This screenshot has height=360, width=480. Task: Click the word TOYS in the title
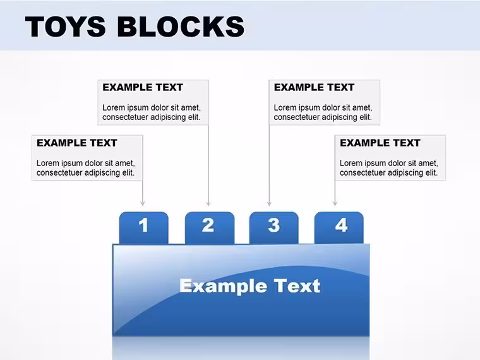[x=66, y=27]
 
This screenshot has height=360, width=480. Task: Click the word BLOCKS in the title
[x=181, y=27]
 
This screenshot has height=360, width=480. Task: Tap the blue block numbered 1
[x=143, y=227]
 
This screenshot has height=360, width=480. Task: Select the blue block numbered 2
[x=210, y=227]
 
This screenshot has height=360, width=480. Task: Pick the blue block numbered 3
[x=274, y=227]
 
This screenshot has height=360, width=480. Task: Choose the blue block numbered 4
[x=339, y=227]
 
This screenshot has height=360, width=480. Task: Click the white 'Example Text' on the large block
[x=250, y=286]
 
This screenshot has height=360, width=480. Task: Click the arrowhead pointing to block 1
[x=142, y=203]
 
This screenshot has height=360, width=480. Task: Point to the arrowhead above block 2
[x=208, y=203]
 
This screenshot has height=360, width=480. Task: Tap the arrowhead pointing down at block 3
[x=270, y=203]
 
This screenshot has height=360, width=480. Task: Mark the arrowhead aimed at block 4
[x=335, y=203]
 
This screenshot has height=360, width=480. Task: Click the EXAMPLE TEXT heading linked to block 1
[x=77, y=143]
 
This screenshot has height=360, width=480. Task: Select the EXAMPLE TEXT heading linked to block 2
[x=143, y=87]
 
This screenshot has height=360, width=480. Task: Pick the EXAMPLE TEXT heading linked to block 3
[x=314, y=87]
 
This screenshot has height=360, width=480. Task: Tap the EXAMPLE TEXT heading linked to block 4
[x=380, y=143]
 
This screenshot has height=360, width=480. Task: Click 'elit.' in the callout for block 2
[x=195, y=117]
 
